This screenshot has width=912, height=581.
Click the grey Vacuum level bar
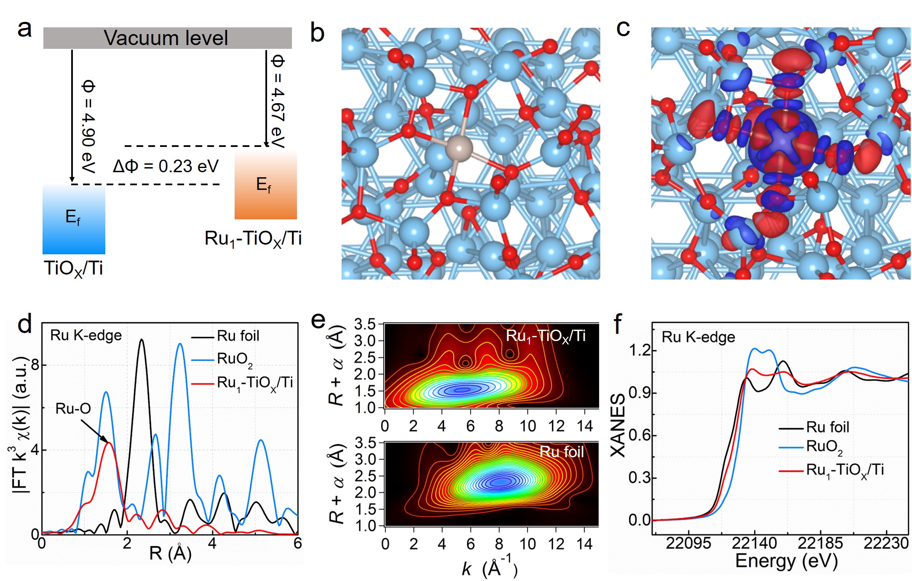pos(167,38)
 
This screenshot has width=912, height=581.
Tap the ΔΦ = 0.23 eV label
pos(166,166)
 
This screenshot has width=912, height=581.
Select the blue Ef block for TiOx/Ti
pos(74,219)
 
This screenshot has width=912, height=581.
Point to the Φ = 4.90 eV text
pos(88,126)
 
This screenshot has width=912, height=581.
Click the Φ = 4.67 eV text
pos(278,101)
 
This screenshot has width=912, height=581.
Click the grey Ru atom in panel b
pos(459,148)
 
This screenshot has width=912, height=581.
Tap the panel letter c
pos(623,29)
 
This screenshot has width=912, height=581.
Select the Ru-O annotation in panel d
pos(73,408)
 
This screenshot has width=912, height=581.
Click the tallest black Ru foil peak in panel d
pos(142,340)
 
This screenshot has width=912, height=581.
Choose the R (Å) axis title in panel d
pos(170,553)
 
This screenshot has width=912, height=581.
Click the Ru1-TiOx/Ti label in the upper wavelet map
pos(545,336)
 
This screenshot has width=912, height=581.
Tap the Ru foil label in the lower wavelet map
pos(562,452)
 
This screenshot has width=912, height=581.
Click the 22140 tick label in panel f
pos(754,543)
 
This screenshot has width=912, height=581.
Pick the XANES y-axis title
pos(618,425)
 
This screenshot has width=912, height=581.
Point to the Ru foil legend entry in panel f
pos(827,427)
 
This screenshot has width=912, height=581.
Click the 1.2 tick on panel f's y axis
pos(639,350)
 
